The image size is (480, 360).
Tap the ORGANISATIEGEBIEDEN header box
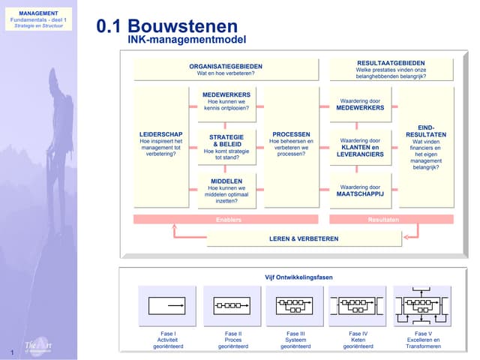(226, 70)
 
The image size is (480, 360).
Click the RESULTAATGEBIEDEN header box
(391, 70)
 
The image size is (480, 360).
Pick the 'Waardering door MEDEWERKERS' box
(360, 103)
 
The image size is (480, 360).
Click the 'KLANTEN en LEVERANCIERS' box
(360, 146)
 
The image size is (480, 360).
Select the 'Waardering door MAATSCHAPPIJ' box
(360, 190)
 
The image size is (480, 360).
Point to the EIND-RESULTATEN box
(426, 146)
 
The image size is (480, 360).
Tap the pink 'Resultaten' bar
(391, 220)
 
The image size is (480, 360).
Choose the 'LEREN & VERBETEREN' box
(304, 238)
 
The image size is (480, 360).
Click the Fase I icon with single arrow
(167, 306)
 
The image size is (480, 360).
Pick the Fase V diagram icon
(418, 306)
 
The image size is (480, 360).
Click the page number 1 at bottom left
(13, 352)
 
